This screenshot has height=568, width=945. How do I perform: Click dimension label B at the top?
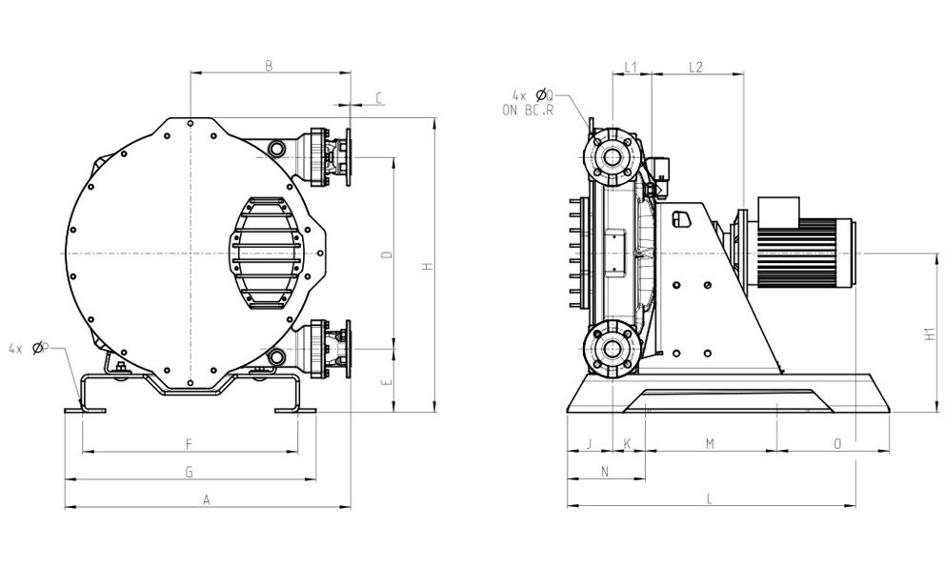tap(269, 66)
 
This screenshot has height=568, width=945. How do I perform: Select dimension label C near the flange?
tap(379, 97)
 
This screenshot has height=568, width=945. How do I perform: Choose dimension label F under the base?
tap(190, 443)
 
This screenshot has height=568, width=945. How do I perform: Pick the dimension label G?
tap(190, 472)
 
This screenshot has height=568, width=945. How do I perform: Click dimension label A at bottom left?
tap(206, 499)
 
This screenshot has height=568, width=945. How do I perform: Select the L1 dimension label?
tap(630, 67)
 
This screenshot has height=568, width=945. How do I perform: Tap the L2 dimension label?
tap(695, 67)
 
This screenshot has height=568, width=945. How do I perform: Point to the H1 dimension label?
tap(930, 335)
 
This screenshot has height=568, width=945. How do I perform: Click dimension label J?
tap(589, 443)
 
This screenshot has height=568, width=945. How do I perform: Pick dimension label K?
tap(627, 443)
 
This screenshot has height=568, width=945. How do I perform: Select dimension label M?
tap(710, 443)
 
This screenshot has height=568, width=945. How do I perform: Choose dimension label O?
tap(837, 443)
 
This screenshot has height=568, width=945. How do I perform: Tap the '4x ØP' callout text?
tap(28, 349)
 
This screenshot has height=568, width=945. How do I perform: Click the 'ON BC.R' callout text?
tap(528, 110)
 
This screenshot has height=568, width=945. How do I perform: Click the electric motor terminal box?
tap(778, 212)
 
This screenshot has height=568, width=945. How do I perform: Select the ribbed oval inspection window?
tap(267, 254)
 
